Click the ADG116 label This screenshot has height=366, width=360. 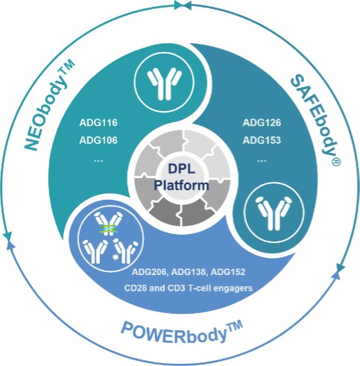(98, 123)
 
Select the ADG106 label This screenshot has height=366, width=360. (98, 141)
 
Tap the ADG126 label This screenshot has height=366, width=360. (262, 123)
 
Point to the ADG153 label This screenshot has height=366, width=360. (262, 141)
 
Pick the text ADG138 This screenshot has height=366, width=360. (189, 272)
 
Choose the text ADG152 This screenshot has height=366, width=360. (228, 272)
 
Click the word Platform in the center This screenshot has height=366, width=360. (181, 186)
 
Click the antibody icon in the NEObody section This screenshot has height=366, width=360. (164, 83)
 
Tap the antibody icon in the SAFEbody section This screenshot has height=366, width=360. (274, 213)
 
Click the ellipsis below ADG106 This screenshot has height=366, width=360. (98, 160)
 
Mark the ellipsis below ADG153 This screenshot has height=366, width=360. (262, 160)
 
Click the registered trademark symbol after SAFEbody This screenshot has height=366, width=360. (336, 162)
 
